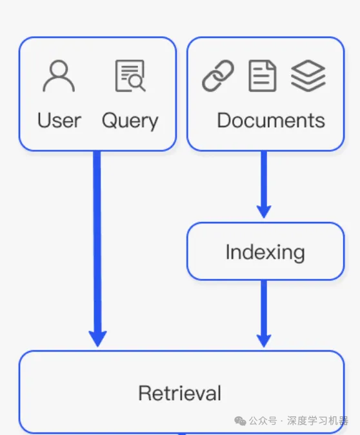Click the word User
click(59, 121)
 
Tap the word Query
click(130, 121)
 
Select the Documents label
click(271, 121)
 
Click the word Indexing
click(265, 252)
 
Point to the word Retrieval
click(180, 393)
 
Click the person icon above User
click(59, 76)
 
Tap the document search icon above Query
click(130, 76)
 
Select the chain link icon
click(218, 76)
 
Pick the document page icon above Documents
click(263, 76)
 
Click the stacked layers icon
click(308, 76)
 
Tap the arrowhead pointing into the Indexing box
click(264, 212)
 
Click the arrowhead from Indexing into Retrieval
click(264, 341)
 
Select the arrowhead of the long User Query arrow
click(97, 339)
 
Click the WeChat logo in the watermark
click(240, 421)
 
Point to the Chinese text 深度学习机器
click(317, 421)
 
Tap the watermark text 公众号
click(263, 421)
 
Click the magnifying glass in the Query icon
click(137, 83)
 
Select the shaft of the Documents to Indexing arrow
click(264, 179)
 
